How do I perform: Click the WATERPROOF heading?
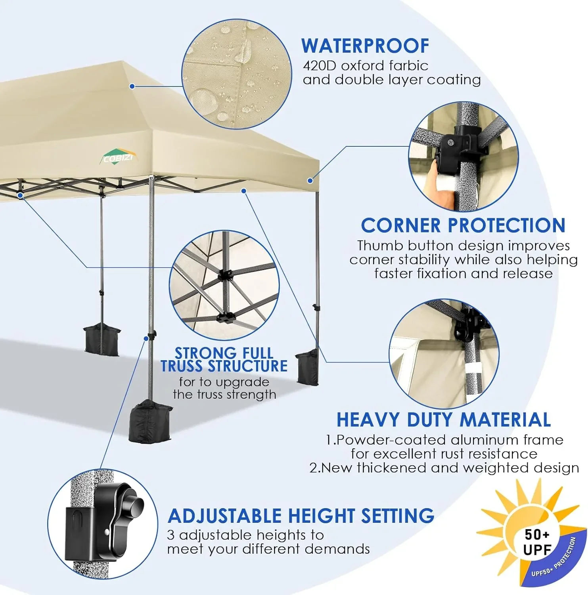pos(365,46)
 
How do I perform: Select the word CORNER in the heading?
pos(401,226)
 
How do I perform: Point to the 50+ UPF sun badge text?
pos(537,542)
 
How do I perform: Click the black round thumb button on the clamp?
pos(134,505)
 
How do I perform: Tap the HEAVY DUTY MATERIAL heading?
pos(443,420)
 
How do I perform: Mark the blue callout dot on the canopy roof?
pos(132,86)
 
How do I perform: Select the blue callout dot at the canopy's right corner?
pos(310,180)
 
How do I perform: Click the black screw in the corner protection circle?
pos(450,141)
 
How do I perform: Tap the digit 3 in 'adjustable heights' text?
pos(170,535)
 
